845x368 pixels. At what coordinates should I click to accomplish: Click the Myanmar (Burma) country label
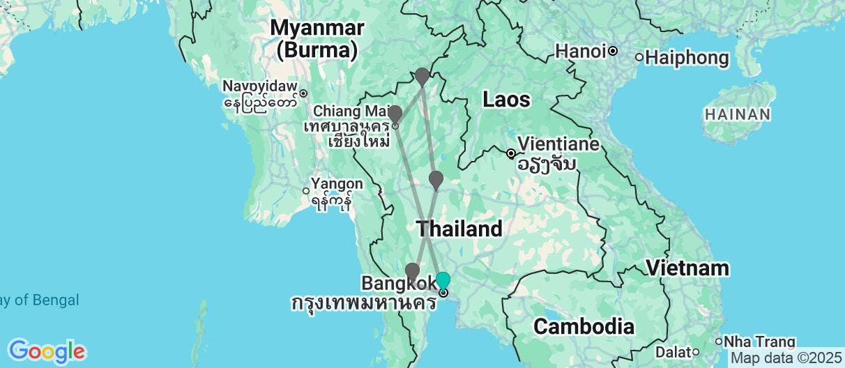[317, 39]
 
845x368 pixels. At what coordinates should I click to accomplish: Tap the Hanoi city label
[580, 51]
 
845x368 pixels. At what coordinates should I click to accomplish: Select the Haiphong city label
[687, 57]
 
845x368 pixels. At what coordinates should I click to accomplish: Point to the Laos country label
[506, 100]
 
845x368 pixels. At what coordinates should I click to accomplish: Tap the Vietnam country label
[687, 268]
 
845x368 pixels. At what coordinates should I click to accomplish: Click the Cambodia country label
[584, 326]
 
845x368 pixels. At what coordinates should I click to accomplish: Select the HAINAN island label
[737, 114]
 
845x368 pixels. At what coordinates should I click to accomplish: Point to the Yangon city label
[337, 184]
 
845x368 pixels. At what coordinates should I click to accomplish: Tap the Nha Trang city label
[760, 342]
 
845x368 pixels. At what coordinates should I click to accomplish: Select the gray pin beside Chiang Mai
[395, 114]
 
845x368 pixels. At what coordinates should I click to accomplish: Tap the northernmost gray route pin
[422, 76]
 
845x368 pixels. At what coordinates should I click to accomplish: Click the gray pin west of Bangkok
[412, 272]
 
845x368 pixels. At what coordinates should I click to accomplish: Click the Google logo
[46, 351]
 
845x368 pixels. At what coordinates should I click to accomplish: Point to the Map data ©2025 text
[787, 358]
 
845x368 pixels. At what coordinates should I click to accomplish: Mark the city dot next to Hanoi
[613, 51]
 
